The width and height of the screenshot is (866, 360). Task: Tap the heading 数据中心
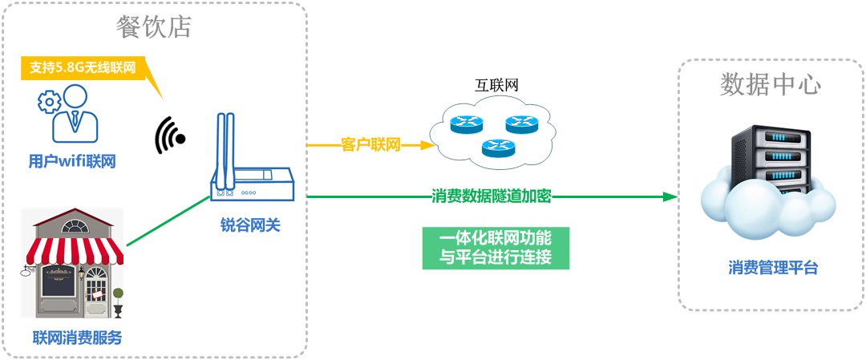click(x=771, y=84)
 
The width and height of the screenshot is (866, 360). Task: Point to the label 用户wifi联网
click(x=72, y=161)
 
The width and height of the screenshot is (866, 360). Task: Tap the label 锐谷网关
click(x=250, y=226)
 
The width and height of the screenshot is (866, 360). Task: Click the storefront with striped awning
click(x=73, y=261)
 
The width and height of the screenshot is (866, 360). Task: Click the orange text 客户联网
click(x=370, y=145)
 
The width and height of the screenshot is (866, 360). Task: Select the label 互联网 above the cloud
click(x=494, y=86)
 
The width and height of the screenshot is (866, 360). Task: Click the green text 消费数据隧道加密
click(x=491, y=196)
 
